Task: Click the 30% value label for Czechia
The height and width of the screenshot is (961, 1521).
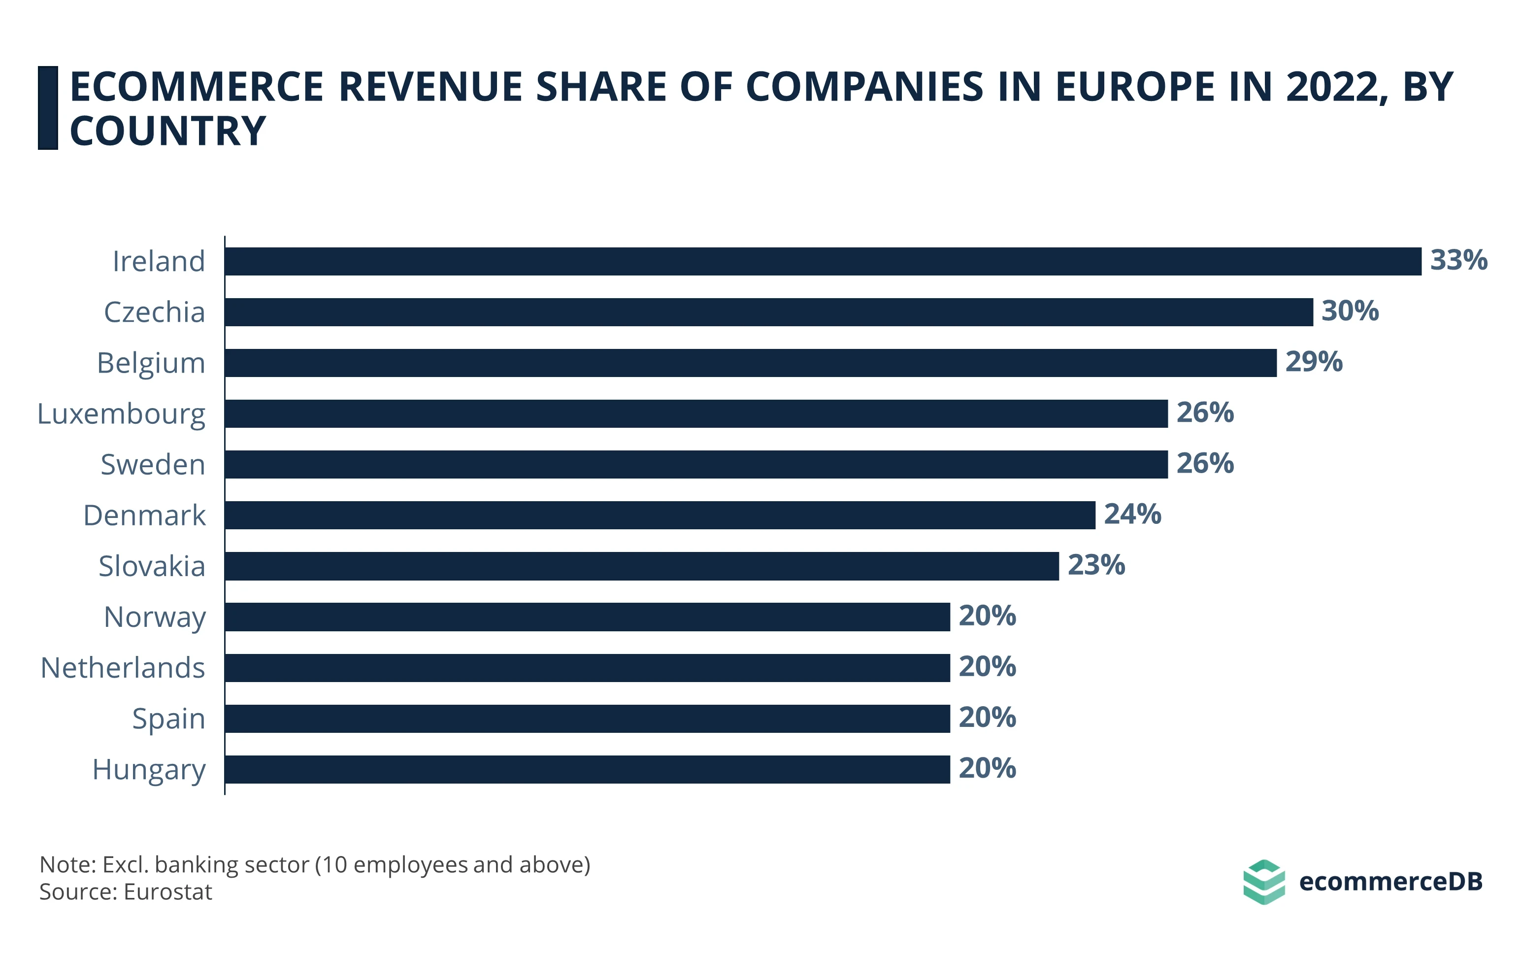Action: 1350,311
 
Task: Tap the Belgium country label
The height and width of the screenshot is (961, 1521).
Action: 151,363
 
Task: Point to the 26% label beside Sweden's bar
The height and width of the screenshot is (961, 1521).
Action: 1205,463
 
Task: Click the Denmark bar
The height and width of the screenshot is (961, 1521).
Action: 660,515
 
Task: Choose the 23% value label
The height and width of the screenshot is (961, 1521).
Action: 1096,565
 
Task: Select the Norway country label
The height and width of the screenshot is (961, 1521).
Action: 155,618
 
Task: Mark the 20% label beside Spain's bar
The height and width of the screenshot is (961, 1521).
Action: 987,718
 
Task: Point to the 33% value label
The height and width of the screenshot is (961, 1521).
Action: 1458,260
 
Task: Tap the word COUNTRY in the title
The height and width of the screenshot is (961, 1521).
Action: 167,132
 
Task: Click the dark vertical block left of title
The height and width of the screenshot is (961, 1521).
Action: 48,108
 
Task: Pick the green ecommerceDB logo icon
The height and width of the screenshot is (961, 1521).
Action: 1263,882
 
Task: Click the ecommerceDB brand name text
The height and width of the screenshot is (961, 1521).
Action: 1390,881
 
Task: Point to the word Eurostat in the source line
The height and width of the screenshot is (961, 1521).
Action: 168,892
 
